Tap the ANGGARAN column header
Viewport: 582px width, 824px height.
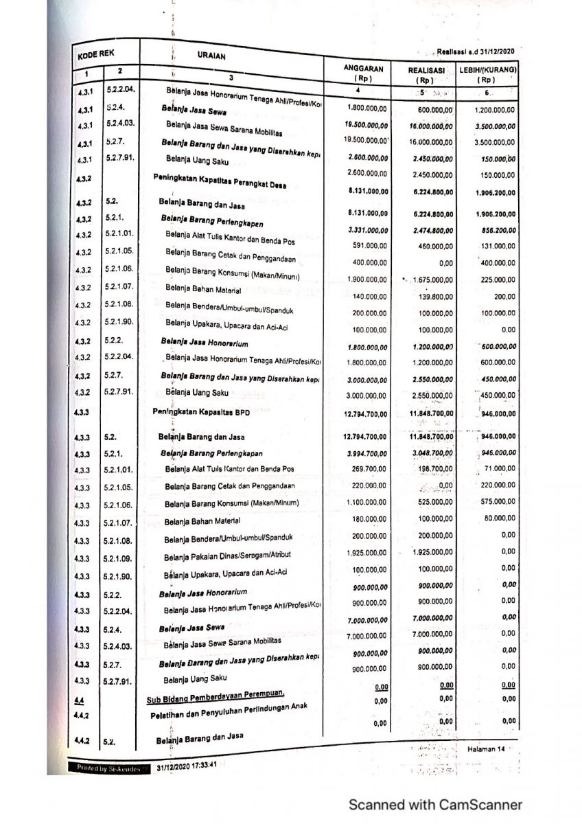click(366, 69)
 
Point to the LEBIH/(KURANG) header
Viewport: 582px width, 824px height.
click(488, 71)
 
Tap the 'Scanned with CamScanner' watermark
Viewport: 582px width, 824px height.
click(435, 805)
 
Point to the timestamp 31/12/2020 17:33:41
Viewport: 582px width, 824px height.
click(187, 766)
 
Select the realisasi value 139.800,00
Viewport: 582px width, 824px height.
click(431, 295)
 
